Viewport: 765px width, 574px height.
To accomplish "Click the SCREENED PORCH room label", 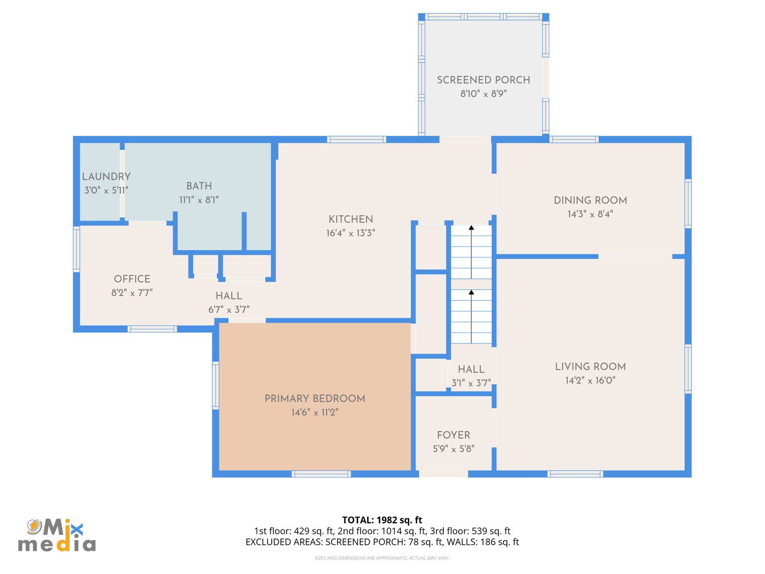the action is [x=483, y=80].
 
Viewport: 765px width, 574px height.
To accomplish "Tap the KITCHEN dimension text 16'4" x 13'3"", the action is [x=351, y=233].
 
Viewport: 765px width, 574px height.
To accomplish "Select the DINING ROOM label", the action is [x=590, y=201].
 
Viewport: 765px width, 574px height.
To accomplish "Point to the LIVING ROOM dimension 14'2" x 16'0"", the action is [x=590, y=380].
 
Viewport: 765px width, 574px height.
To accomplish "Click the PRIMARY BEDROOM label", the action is [x=315, y=399].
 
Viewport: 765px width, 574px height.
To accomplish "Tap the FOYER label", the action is [x=453, y=435].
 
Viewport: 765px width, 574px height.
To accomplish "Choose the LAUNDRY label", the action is [x=106, y=177].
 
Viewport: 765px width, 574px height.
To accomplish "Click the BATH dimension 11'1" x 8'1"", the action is [x=199, y=200].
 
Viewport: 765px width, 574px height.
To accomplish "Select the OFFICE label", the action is [x=132, y=279].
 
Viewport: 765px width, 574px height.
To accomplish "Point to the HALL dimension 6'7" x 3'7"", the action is [x=229, y=310].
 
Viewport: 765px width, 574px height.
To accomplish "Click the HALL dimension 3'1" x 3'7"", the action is [x=471, y=383].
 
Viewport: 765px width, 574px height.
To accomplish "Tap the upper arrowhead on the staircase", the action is [x=471, y=228].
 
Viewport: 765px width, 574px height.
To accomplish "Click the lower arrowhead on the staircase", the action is [x=471, y=293].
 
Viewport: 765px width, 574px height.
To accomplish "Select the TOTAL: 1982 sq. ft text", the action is [x=382, y=520].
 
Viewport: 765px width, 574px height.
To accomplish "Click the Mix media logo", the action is [x=57, y=535].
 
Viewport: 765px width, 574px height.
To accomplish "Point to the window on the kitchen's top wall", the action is [x=357, y=140].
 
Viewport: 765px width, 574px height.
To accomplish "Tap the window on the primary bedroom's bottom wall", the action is [x=321, y=474].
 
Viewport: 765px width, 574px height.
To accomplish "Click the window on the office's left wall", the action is [x=76, y=249].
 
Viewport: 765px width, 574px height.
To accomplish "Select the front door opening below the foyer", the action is [x=443, y=474].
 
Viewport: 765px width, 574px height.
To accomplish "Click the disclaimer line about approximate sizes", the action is [x=382, y=558].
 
